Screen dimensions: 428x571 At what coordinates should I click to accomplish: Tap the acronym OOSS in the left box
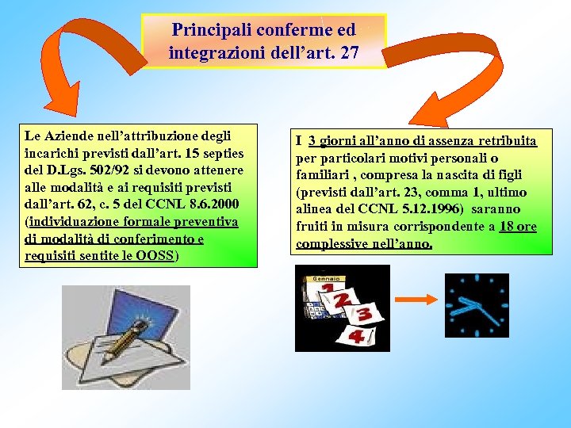click(x=155, y=256)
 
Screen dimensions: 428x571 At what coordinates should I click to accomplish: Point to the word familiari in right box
click(x=323, y=175)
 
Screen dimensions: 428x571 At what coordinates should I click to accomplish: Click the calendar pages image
click(x=342, y=308)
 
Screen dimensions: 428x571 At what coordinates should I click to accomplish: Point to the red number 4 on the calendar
click(x=356, y=338)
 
